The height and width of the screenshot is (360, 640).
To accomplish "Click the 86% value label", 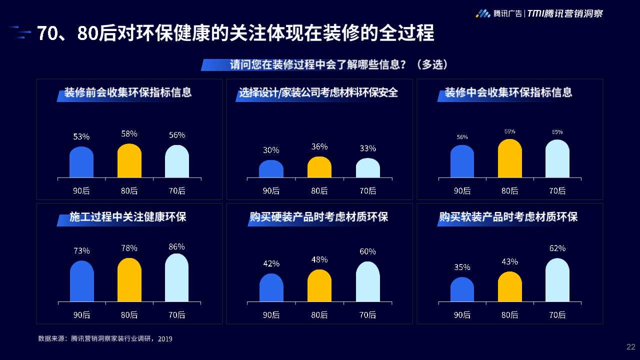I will tap(176, 246).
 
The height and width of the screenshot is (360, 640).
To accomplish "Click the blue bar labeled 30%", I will tap(271, 169).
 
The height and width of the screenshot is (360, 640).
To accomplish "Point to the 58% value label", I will tap(129, 134).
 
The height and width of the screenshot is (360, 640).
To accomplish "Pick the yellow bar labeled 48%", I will tap(319, 286).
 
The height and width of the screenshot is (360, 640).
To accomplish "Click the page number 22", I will tap(630, 347).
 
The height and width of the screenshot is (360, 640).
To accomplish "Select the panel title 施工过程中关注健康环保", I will tap(127, 217).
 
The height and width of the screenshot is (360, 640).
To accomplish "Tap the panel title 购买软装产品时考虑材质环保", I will tap(508, 217).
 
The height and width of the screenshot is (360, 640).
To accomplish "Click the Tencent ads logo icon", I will tap(482, 13).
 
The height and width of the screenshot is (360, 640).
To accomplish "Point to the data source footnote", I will tap(105, 339).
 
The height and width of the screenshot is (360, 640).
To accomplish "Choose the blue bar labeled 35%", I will tap(462, 289).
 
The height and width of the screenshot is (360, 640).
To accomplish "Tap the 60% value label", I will tap(367, 251).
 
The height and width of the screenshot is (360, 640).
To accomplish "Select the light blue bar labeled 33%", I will tap(367, 168).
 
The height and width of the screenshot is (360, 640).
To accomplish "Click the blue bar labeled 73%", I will tap(81, 281).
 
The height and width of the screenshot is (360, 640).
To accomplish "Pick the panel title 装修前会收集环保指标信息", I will tap(128, 92).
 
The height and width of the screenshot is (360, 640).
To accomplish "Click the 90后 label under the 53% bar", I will tap(81, 190).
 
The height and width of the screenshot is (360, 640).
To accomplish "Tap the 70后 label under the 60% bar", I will tap(367, 315).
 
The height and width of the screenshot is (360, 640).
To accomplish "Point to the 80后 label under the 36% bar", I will tap(319, 190).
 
